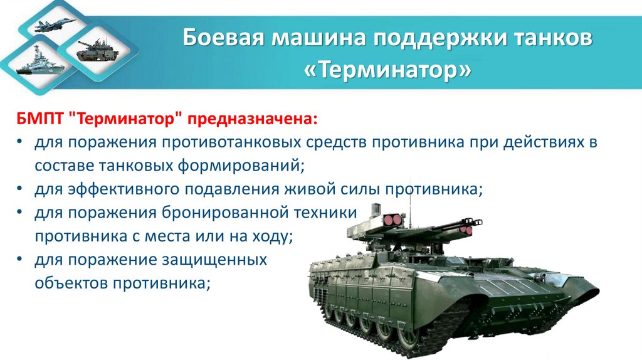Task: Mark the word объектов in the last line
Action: [71, 282]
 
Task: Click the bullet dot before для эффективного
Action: [21, 189]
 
